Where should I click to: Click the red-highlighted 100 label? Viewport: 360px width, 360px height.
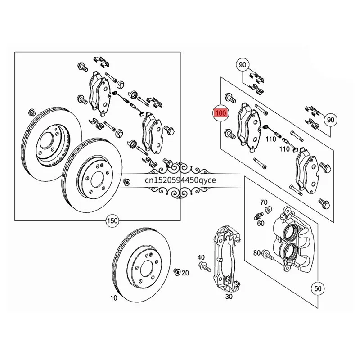coord(221,112)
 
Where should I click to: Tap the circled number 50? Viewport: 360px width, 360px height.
coord(318,288)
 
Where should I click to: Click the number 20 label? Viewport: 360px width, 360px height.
coord(185,273)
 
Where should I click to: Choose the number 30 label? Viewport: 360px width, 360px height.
coord(229,296)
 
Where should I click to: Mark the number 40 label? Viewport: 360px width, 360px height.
coord(201,257)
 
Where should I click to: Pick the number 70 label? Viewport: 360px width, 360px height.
coord(263,202)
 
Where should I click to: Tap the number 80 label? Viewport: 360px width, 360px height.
coord(257,253)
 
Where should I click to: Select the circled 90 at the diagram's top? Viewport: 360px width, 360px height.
coord(243,65)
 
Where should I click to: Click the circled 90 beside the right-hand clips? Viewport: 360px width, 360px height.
coord(330,120)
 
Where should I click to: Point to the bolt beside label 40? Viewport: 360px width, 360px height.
coord(205,267)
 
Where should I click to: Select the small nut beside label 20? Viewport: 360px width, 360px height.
coord(177,271)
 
